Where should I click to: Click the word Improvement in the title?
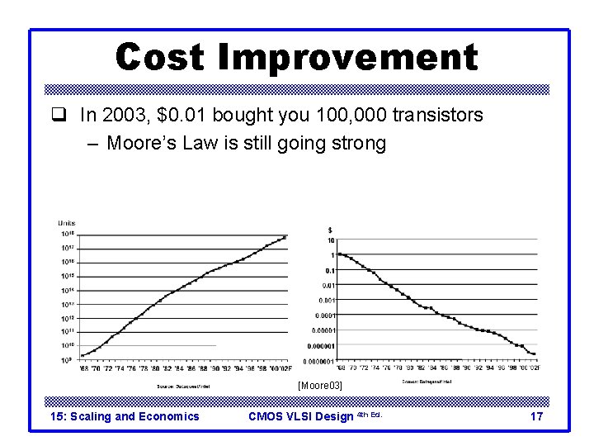click(348, 56)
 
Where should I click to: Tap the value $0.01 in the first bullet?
click(181, 115)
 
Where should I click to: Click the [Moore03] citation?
click(319, 386)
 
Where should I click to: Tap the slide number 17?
click(536, 416)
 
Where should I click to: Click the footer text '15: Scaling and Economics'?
click(125, 416)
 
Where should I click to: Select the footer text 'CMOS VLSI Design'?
click(301, 416)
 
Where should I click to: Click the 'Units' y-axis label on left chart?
click(67, 223)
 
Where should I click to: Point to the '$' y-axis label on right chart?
click(331, 229)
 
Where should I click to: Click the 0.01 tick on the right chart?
click(328, 285)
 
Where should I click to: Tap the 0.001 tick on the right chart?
click(327, 300)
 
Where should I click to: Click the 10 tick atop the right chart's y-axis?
click(331, 240)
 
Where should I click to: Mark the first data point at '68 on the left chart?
click(82, 355)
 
